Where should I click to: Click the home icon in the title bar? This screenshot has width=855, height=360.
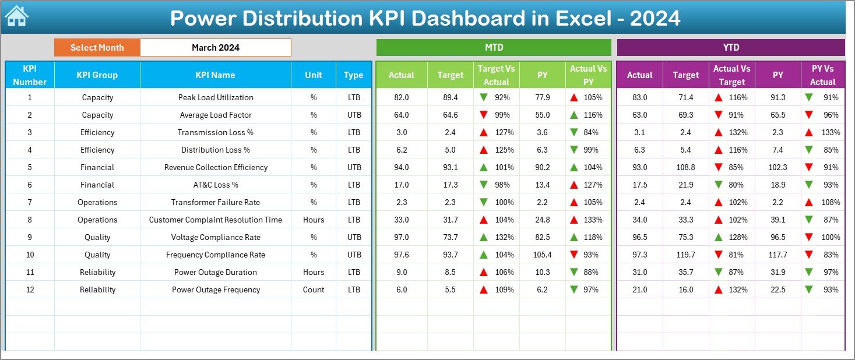click(x=16, y=17)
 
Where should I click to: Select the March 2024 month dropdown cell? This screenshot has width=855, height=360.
click(x=215, y=48)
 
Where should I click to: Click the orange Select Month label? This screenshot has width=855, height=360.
click(x=97, y=48)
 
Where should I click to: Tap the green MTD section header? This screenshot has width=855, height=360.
click(x=493, y=48)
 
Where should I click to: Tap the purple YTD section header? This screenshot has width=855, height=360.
click(x=730, y=48)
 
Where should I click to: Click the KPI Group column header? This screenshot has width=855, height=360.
click(x=97, y=75)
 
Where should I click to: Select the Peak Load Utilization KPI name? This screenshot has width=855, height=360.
click(x=215, y=97)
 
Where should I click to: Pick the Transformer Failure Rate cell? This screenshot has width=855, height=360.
click(x=215, y=202)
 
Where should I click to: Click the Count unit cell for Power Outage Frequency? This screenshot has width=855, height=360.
click(x=314, y=290)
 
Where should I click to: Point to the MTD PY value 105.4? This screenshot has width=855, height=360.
click(x=542, y=255)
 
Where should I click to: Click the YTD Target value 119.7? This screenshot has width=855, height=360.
click(x=685, y=255)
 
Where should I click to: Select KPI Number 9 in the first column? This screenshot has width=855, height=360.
click(x=30, y=237)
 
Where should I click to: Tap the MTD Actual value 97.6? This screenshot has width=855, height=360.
click(x=402, y=255)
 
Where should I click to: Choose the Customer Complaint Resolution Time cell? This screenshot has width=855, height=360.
click(x=215, y=220)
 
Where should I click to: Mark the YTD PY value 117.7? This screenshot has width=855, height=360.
click(x=777, y=255)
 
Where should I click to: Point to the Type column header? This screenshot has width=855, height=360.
click(x=353, y=75)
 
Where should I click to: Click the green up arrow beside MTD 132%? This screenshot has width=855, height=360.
click(x=483, y=237)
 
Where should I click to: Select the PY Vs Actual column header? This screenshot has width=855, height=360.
click(x=822, y=75)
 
